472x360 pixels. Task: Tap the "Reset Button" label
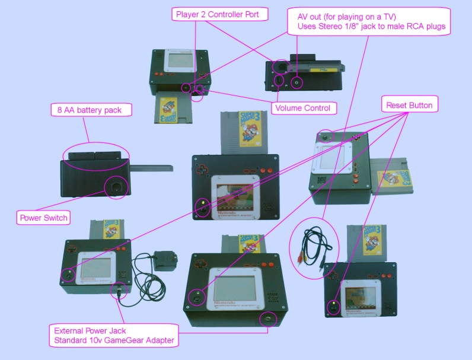(x=409, y=106)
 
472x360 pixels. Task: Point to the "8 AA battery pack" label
(x=91, y=110)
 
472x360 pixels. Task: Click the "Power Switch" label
(x=43, y=218)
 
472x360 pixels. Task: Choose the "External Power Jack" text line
(x=90, y=330)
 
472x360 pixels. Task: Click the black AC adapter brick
(x=162, y=260)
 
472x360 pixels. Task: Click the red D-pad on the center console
(x=203, y=167)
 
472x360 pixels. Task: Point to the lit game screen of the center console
(x=235, y=196)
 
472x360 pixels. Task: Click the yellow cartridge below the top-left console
(x=171, y=110)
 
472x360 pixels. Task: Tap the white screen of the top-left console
(x=179, y=60)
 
